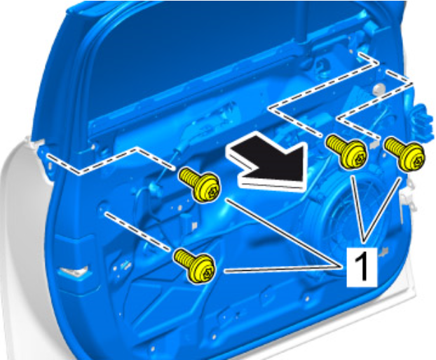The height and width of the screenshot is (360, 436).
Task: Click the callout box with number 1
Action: (x=362, y=267)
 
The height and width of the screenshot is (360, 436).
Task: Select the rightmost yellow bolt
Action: (x=404, y=154)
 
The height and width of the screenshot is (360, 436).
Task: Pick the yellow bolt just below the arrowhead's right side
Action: (x=346, y=152)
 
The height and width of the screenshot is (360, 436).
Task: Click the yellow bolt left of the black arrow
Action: (x=200, y=185)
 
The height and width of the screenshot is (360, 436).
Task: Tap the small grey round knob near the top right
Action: (x=378, y=89)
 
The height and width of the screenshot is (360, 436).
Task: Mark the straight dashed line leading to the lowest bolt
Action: (x=137, y=231)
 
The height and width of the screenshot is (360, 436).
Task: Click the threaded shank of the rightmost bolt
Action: (x=393, y=146)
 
